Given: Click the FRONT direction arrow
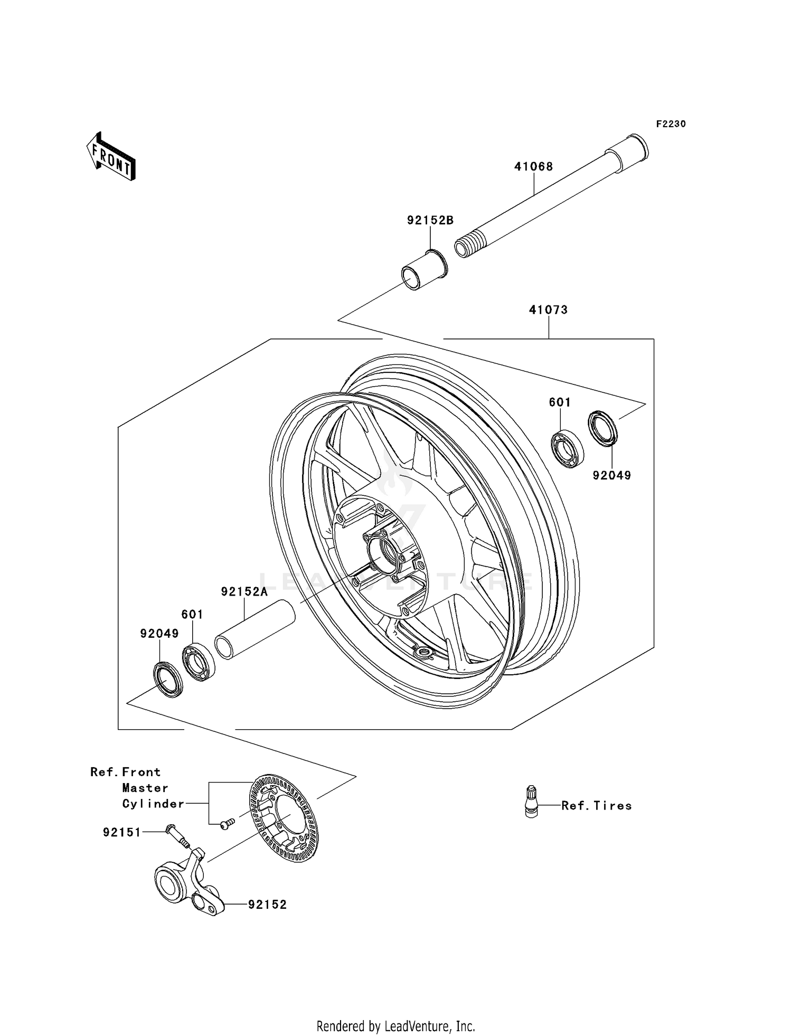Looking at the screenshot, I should pyautogui.click(x=111, y=157).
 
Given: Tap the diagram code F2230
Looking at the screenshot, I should pyautogui.click(x=671, y=124).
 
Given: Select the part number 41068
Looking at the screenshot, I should pyautogui.click(x=534, y=167).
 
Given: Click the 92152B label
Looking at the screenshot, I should pyautogui.click(x=430, y=221).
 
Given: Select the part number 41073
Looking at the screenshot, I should pyautogui.click(x=548, y=310).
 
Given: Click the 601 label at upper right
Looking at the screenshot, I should pyautogui.click(x=560, y=402).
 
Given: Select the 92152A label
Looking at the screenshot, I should pyautogui.click(x=244, y=592).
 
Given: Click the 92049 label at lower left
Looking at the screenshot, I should pyautogui.click(x=159, y=633).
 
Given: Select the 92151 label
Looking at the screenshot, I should pyautogui.click(x=121, y=833).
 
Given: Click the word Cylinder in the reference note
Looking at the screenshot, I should pyautogui.click(x=153, y=804).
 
